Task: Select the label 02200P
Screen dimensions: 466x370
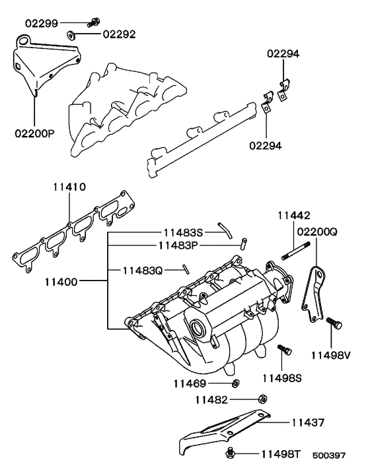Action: coord(34,133)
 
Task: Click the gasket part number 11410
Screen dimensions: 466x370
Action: coord(69,187)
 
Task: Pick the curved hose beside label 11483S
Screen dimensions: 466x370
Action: coord(226,230)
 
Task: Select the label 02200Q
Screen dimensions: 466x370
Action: coord(317,232)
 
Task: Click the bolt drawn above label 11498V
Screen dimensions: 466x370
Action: coord(334,324)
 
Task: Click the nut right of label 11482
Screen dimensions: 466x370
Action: coord(261,399)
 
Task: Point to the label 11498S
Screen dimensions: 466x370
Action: coord(282,378)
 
